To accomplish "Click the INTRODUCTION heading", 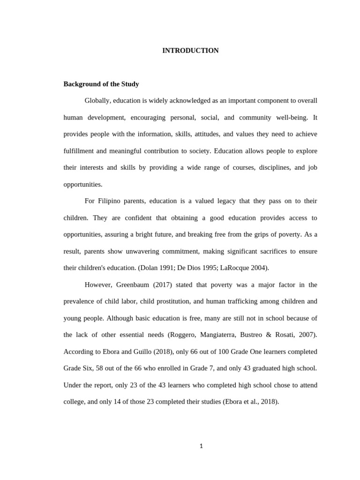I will (x=190, y=51).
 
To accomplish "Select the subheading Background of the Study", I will (x=101, y=84).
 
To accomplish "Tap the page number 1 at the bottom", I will (x=201, y=446).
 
